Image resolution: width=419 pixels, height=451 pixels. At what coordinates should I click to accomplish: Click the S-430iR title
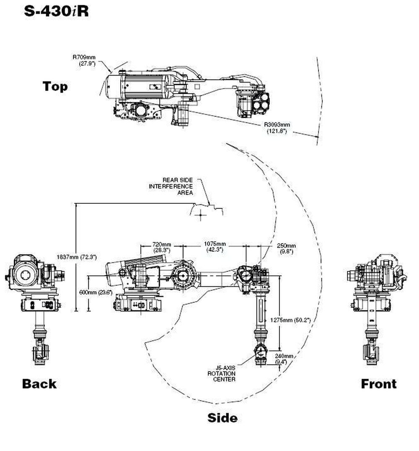[x=57, y=11]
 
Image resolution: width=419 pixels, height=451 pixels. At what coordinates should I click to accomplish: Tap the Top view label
[x=55, y=86]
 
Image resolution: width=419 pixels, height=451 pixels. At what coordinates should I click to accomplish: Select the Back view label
[x=39, y=383]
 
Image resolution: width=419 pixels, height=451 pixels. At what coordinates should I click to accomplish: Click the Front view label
[x=378, y=383]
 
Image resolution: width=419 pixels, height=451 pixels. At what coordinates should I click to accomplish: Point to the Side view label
[x=222, y=417]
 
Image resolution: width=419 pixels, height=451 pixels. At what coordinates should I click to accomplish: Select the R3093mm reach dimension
[x=277, y=127]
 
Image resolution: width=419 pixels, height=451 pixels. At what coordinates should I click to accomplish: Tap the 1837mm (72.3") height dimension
[x=76, y=257]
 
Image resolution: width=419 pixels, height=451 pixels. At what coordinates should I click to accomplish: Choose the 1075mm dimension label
[x=215, y=246]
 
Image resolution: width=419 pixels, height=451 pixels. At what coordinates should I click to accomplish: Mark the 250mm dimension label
[x=287, y=248]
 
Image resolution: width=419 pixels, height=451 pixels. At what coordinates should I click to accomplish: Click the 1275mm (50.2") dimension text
[x=296, y=320]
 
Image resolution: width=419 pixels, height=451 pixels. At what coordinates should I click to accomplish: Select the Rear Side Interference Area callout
[x=171, y=186]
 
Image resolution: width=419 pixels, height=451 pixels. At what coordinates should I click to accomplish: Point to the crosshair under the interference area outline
[x=201, y=215]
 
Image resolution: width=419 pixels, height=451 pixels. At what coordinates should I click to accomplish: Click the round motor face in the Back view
[x=23, y=275]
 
